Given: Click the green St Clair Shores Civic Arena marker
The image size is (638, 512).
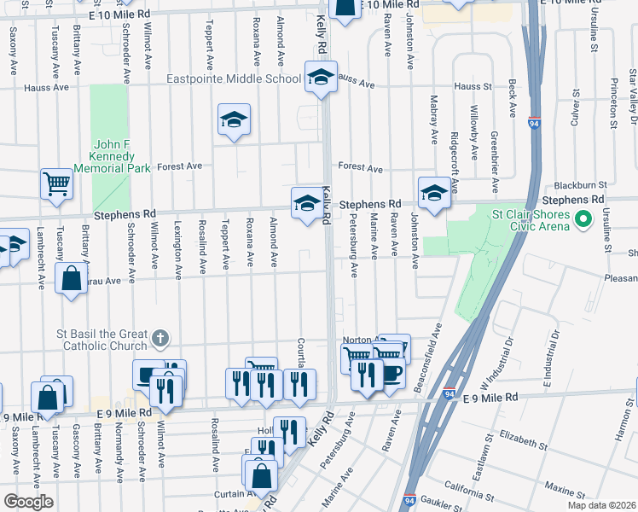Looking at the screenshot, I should click(583, 220).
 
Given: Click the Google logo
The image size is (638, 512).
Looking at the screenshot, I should click(27, 502).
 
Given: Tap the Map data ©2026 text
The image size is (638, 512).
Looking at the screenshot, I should click(600, 505).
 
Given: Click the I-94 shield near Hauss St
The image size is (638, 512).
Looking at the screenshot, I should click(535, 124).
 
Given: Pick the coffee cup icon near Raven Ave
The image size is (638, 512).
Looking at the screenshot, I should click(392, 374).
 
